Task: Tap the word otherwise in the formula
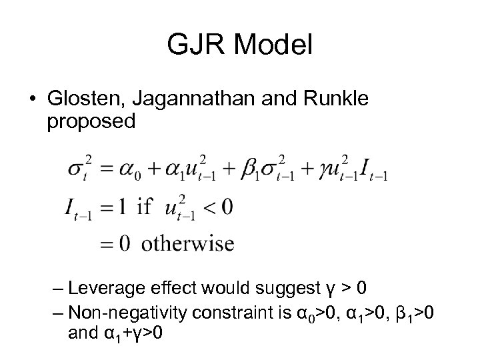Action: coord(193,243)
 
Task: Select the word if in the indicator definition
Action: coord(145,207)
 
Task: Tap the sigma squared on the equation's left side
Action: coord(78,168)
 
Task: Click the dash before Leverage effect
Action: coord(58,289)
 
